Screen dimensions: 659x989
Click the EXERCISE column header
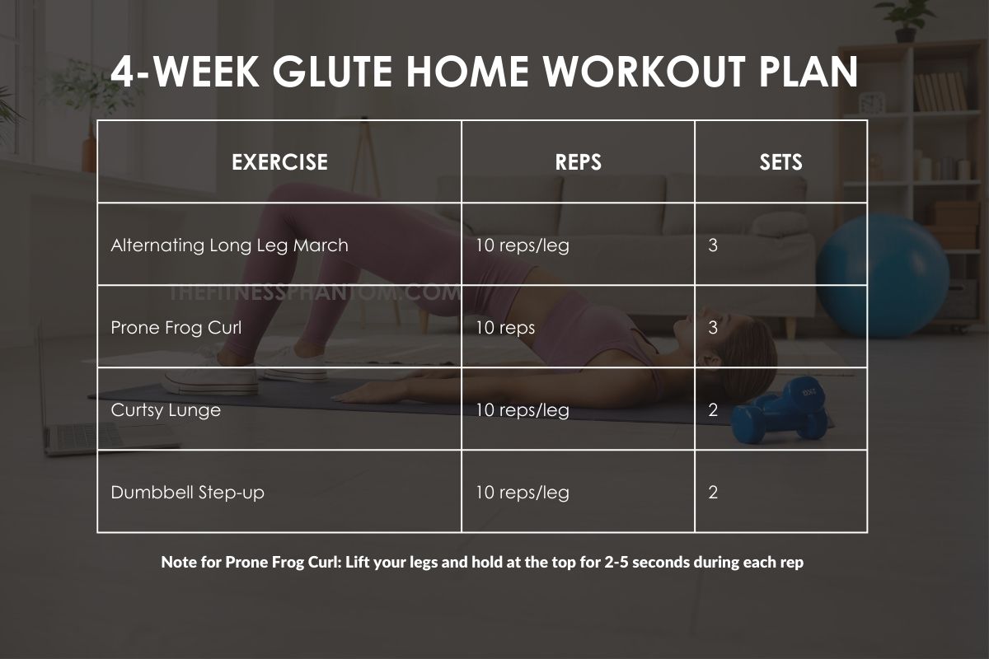point(279,162)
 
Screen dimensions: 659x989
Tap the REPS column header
point(578,162)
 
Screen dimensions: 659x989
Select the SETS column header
point(780,162)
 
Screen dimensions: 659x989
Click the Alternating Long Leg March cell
point(229,245)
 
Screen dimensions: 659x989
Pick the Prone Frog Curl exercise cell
point(176,328)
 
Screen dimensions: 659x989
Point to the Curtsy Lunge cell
point(166,410)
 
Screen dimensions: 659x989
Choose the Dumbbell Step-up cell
point(187,493)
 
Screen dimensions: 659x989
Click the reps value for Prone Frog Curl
point(505,328)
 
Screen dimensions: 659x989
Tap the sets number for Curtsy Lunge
point(713,410)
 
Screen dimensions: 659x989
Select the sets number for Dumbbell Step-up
point(713,493)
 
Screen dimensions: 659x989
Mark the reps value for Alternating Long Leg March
point(522,245)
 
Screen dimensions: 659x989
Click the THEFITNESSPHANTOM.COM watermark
point(313,292)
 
